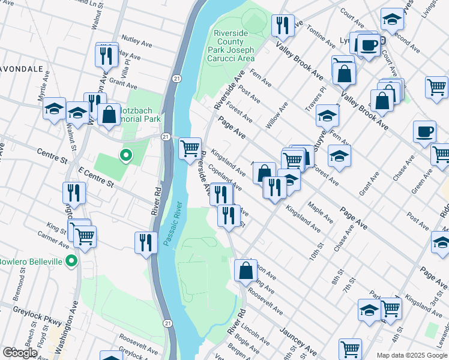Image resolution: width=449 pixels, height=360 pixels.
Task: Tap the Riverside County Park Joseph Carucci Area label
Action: coord(232,46)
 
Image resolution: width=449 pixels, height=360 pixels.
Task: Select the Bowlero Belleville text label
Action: coord(31,262)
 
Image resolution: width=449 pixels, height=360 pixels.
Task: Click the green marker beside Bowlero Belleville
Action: coord(71,261)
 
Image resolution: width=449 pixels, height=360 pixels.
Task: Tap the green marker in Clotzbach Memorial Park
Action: coord(125,156)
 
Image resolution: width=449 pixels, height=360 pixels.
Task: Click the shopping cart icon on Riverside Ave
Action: coord(190,147)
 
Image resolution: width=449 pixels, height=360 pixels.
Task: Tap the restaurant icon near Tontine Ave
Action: coord(282,25)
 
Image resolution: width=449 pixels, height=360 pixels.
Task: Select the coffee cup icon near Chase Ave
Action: coord(424,131)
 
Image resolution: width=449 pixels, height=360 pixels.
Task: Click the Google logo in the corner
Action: coord(20,353)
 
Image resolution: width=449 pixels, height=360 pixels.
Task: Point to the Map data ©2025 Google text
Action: coord(411,355)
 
